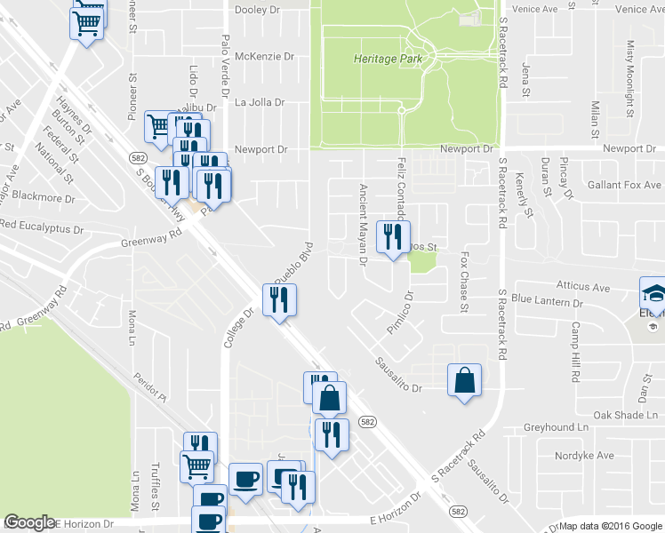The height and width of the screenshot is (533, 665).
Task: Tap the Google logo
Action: [x=30, y=523]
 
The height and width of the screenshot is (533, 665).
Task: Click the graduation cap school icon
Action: [x=652, y=292]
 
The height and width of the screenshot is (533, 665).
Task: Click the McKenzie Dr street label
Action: [x=264, y=56]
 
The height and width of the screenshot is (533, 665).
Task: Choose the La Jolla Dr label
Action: [x=260, y=102]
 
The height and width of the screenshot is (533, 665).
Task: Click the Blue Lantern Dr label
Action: [x=547, y=301]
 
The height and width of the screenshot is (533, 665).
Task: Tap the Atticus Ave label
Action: [x=583, y=287]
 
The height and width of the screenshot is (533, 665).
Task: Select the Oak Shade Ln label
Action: [x=628, y=415]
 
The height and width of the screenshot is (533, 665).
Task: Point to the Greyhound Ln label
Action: [x=557, y=427]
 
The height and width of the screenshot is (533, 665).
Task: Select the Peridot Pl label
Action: [x=153, y=384]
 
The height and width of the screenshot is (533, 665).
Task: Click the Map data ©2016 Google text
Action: [x=610, y=526]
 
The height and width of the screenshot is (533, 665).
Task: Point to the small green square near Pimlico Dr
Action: [x=422, y=261]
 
